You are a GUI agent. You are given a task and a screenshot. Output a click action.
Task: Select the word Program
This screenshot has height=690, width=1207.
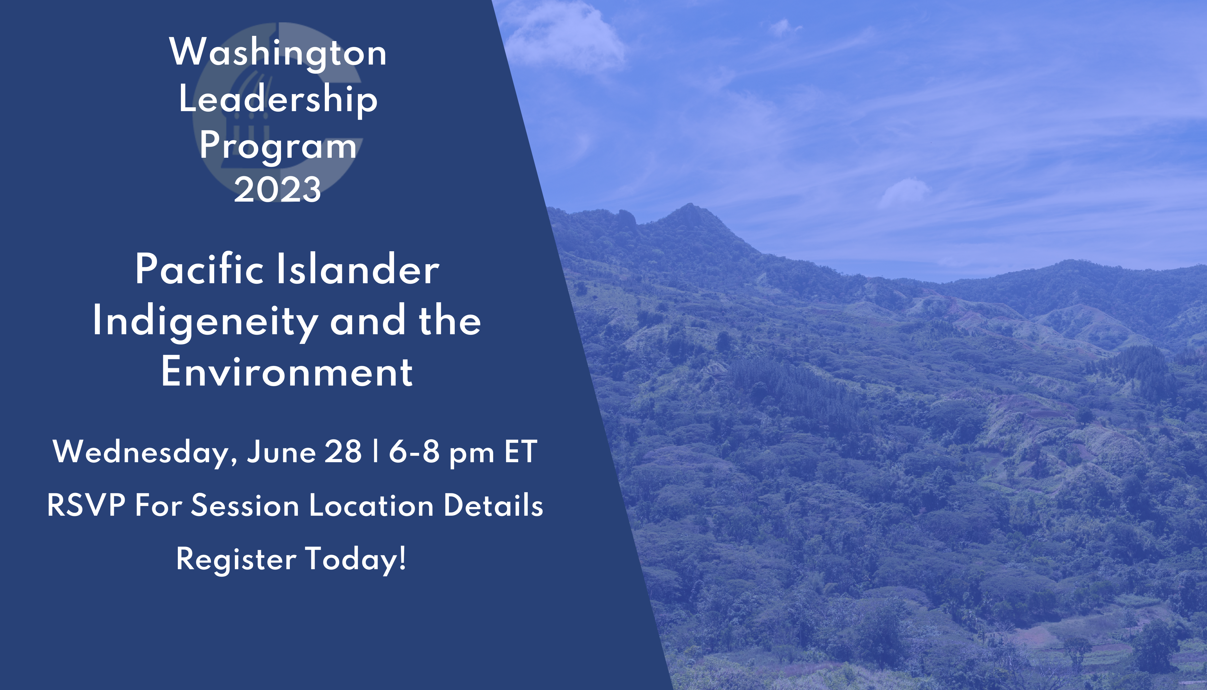(278, 146)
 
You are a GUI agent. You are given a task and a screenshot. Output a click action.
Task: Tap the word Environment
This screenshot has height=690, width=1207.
(287, 372)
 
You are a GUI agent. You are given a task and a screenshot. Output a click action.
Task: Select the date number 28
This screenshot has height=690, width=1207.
(343, 452)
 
